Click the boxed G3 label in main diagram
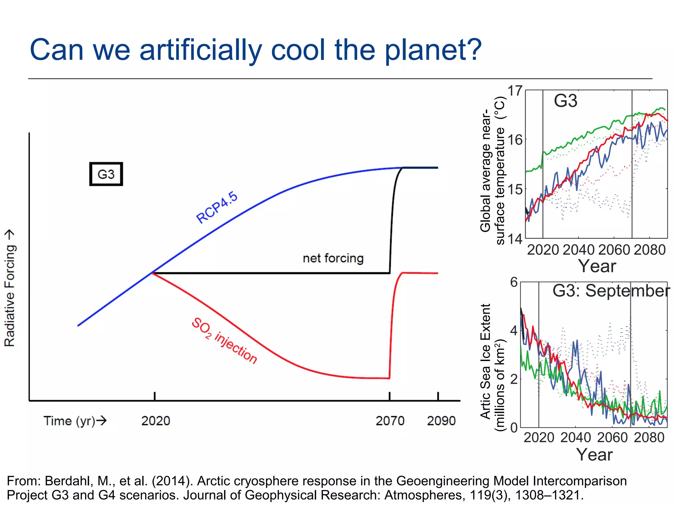point(106,174)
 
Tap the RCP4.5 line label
point(217,208)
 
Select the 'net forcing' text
point(333,258)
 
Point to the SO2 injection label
point(224,341)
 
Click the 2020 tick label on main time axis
point(156,421)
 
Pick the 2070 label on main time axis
point(390,421)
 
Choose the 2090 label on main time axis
point(441,421)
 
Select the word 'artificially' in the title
point(200,50)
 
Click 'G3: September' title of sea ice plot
point(611,291)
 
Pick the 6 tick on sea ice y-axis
point(514,282)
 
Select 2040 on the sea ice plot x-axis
point(575,437)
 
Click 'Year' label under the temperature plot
point(597,266)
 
